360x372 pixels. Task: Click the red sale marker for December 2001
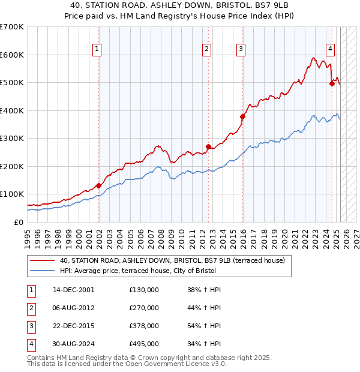click(98, 185)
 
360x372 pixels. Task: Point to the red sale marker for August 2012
click(208, 146)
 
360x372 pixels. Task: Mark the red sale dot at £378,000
click(243, 116)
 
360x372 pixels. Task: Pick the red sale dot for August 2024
click(332, 84)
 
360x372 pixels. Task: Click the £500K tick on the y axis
click(12, 82)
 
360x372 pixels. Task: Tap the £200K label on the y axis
click(12, 166)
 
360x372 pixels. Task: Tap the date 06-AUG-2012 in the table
click(74, 308)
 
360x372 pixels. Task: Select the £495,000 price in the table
click(144, 344)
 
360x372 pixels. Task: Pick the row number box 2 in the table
click(29, 308)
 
